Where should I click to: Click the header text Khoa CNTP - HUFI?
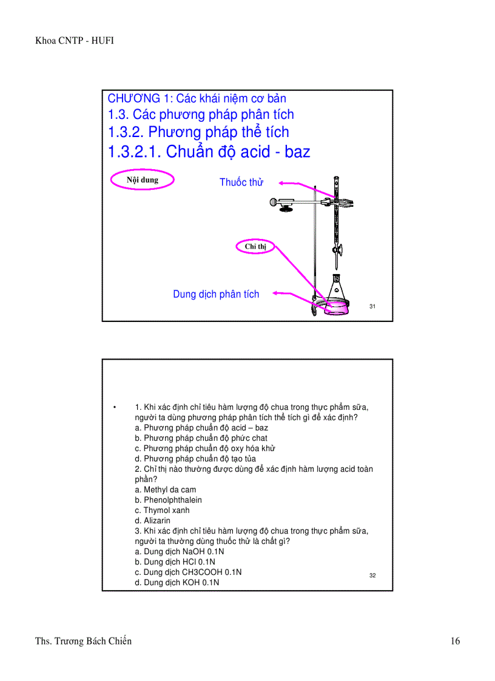click(x=75, y=41)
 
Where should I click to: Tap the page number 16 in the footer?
click(x=455, y=641)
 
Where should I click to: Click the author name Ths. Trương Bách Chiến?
click(x=84, y=641)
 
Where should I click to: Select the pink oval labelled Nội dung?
click(x=143, y=180)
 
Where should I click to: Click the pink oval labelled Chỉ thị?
click(x=255, y=247)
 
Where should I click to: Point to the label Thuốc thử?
click(x=241, y=183)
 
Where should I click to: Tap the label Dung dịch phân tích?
click(x=216, y=294)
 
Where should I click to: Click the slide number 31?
click(x=372, y=307)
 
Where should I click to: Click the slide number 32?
click(x=372, y=575)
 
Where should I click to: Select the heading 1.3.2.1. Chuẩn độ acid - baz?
click(x=209, y=152)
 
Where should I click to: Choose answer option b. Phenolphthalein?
click(x=169, y=500)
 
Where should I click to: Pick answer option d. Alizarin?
click(x=153, y=521)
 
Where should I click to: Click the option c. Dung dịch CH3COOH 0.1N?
click(x=189, y=572)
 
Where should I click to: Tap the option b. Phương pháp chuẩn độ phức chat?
click(x=201, y=438)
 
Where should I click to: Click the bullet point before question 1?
click(x=114, y=407)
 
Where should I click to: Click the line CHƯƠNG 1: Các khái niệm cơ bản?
click(x=197, y=98)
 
